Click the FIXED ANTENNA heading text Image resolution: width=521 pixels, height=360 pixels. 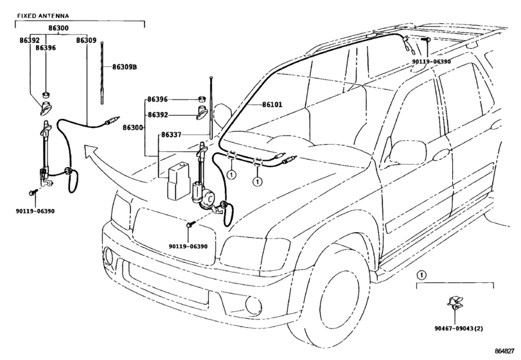(x=43, y=15)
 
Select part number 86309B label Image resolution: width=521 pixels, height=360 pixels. (x=125, y=67)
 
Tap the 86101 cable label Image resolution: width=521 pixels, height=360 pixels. (x=272, y=105)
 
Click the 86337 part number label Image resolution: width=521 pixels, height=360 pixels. (x=172, y=135)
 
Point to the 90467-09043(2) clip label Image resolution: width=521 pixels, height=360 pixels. (x=459, y=328)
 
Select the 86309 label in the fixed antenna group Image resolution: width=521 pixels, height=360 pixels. (x=86, y=40)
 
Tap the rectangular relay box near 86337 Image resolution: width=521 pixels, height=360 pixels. (x=178, y=181)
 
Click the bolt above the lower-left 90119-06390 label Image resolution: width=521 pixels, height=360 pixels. (x=32, y=192)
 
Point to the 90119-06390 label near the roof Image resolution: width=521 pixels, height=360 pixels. (x=431, y=62)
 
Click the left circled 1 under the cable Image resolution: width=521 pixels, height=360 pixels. (x=231, y=174)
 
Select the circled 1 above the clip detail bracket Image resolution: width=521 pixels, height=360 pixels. (x=421, y=275)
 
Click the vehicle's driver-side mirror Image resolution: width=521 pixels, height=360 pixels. (x=408, y=152)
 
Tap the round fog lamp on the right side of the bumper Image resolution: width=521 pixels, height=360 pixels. (x=254, y=305)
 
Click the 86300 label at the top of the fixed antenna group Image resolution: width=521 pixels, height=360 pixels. (x=58, y=28)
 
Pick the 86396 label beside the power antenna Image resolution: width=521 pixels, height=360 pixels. (x=157, y=100)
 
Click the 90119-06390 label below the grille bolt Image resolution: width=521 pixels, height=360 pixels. (x=188, y=246)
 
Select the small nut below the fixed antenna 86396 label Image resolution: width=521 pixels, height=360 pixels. (x=46, y=94)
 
